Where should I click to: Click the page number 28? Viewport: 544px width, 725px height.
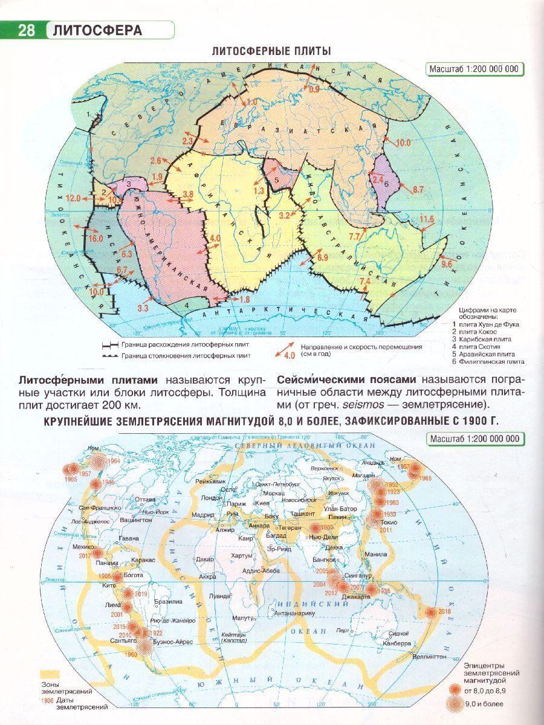tap(27, 30)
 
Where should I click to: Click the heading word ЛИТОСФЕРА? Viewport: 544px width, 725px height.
tap(97, 30)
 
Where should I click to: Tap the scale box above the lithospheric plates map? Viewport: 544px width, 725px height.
tap(474, 68)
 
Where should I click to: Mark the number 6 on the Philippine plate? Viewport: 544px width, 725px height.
tap(386, 184)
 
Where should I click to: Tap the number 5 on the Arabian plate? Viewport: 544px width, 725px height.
tap(276, 179)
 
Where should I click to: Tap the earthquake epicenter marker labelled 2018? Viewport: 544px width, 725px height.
tap(430, 612)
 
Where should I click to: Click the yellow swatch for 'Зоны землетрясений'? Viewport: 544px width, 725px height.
tap(51, 673)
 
